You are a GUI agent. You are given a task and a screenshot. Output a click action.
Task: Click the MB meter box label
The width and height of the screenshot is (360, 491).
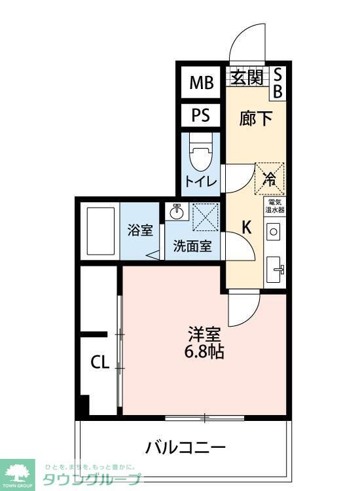[202, 83]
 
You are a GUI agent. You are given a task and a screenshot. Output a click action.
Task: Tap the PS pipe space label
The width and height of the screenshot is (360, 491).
[201, 116]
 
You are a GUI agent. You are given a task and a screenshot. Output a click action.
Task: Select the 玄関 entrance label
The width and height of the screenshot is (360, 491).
[247, 78]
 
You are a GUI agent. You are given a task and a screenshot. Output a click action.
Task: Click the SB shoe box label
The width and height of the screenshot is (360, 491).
[277, 83]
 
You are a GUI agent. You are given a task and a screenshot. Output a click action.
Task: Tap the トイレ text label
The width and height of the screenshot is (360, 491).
[201, 181]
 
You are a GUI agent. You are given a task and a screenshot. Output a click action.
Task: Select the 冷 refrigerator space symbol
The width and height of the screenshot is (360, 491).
[269, 177]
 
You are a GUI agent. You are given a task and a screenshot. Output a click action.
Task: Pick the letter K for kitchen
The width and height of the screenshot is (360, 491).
[247, 227]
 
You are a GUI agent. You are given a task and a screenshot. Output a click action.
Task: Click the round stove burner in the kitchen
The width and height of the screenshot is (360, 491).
[274, 231]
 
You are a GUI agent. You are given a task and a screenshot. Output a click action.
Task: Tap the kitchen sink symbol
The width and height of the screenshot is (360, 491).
[276, 267]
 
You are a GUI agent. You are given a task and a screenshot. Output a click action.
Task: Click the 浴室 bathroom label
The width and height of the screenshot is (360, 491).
[139, 231]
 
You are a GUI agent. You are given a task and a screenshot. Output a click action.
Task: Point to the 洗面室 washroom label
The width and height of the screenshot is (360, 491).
[192, 247]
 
